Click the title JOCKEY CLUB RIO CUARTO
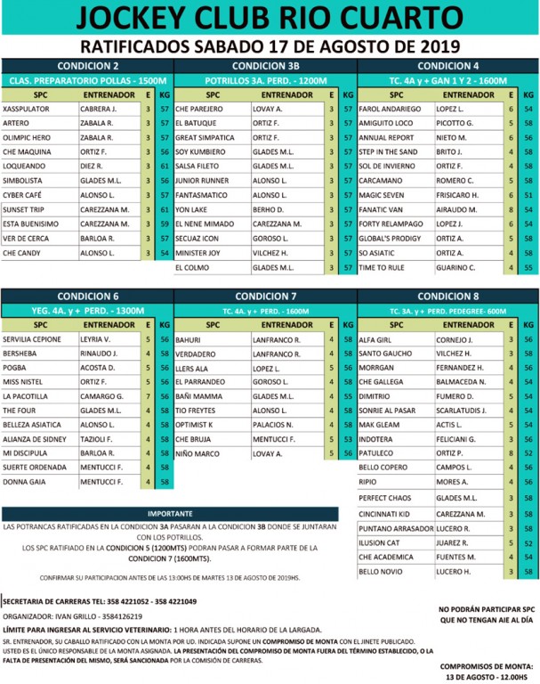pos(270,20)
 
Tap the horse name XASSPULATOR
pos(28,109)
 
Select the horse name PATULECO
pos(377,452)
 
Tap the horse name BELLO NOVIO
pos(380,571)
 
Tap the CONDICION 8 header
pos(447,296)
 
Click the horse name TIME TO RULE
pos(382,267)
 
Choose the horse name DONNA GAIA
pos(25,481)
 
